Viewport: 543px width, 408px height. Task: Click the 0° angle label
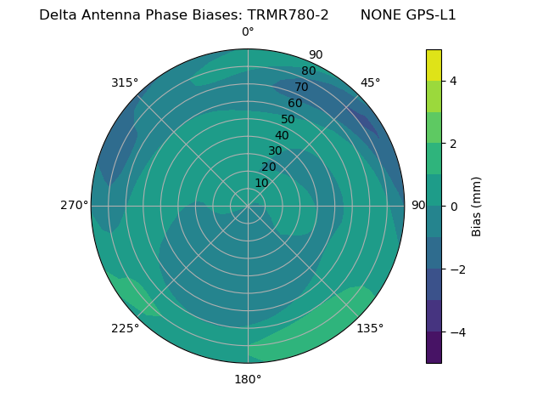pyautogui.click(x=248, y=32)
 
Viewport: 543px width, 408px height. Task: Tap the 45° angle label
pyautogui.click(x=370, y=82)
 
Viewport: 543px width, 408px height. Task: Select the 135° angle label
pyautogui.click(x=370, y=328)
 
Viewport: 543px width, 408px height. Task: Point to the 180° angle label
pyautogui.click(x=248, y=379)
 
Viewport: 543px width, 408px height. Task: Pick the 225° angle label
pyautogui.click(x=125, y=329)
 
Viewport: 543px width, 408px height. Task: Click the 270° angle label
pyautogui.click(x=74, y=205)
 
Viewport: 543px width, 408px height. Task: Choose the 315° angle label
pyautogui.click(x=125, y=82)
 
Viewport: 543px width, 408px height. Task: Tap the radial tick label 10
pyautogui.click(x=261, y=184)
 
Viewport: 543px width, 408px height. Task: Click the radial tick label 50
pyautogui.click(x=288, y=120)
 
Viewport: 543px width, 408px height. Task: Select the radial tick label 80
pyautogui.click(x=308, y=71)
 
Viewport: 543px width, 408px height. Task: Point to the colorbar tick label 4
pyautogui.click(x=453, y=81)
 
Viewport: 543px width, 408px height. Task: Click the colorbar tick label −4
pyautogui.click(x=456, y=331)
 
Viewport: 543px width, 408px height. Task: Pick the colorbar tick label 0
pyautogui.click(x=453, y=207)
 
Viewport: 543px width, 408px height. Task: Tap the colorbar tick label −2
pyautogui.click(x=456, y=269)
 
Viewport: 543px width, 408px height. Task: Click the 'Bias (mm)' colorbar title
pyautogui.click(x=477, y=207)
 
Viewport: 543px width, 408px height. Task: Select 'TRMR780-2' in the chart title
pyautogui.click(x=288, y=15)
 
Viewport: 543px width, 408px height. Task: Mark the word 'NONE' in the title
pyautogui.click(x=380, y=15)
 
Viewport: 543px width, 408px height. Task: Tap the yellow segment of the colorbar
pyautogui.click(x=434, y=65)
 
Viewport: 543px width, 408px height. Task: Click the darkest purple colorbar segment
pyautogui.click(x=434, y=348)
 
